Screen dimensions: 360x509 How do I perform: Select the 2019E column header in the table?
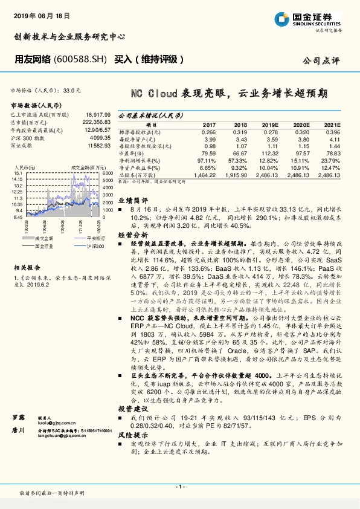269,124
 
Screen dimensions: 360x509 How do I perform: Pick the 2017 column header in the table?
208,124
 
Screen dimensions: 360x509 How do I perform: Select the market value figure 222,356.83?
96,122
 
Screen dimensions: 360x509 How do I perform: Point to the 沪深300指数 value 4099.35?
98,137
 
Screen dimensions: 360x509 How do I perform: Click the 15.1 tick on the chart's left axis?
17,173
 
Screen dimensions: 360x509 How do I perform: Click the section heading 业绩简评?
132,199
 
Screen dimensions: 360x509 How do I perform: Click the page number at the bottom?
179,487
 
